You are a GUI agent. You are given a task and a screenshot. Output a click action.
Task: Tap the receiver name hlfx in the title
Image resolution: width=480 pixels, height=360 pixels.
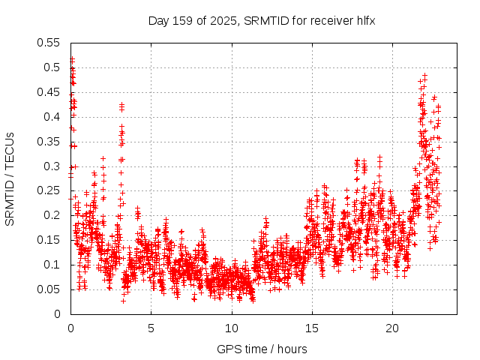pos(363,19)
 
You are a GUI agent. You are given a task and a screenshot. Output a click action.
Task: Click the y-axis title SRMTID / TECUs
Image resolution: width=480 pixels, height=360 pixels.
pos(10,179)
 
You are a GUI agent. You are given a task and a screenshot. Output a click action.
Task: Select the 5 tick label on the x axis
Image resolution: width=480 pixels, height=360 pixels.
pos(151,328)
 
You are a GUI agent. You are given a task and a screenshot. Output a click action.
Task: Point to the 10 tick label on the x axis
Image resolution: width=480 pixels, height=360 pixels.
pos(231,328)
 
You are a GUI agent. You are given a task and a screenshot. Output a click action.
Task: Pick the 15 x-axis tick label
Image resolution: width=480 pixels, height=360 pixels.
pos(311,328)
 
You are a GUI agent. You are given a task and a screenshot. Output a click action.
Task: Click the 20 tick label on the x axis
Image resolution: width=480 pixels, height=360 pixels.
pos(392,328)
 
